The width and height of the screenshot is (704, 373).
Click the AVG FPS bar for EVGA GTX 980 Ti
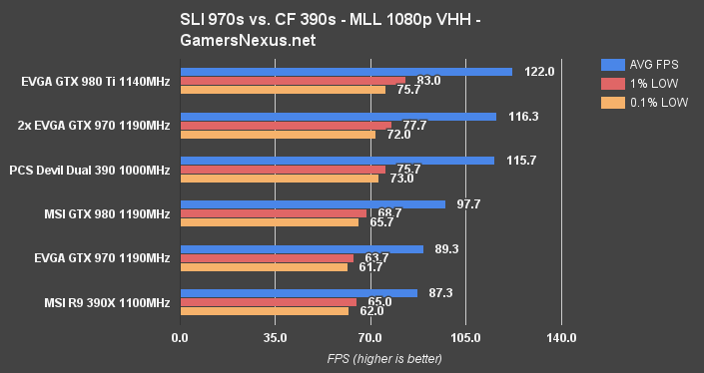pos(346,72)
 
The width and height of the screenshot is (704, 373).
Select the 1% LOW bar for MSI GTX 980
pos(274,213)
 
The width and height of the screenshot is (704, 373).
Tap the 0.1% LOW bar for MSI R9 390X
pos(264,311)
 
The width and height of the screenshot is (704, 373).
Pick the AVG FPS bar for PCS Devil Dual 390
pos(337,161)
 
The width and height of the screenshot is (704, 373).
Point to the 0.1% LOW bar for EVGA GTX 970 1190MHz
pos(264,267)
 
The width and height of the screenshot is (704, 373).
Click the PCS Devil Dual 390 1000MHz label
pos(89,170)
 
